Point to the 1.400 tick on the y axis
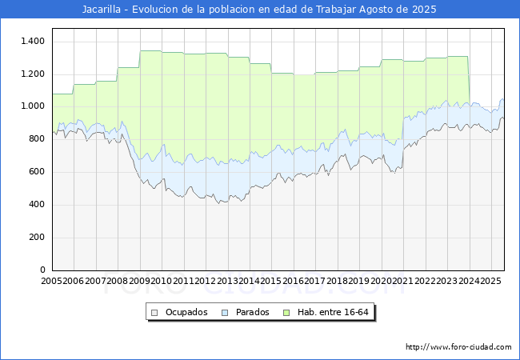click(33, 41)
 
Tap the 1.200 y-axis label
click(33, 74)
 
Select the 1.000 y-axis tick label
click(33, 106)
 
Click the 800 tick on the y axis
click(37, 139)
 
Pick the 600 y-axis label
click(37, 172)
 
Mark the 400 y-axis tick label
click(37, 205)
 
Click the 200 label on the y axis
click(37, 238)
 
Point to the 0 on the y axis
click(43, 270)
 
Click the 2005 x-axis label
click(52, 281)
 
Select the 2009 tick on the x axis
click(140, 281)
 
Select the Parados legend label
click(251, 312)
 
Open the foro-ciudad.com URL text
click(458, 347)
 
